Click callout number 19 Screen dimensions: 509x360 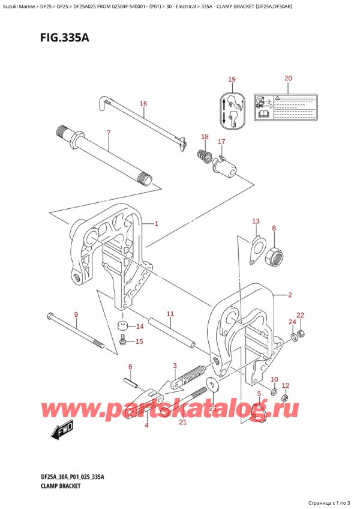[x=232, y=80]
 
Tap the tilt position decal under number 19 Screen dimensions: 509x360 [x=232, y=110]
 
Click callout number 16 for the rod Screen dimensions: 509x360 [x=143, y=104]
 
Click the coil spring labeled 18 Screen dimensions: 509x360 [x=203, y=158]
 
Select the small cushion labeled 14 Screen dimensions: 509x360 [x=123, y=327]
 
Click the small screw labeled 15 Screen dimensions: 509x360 [x=124, y=342]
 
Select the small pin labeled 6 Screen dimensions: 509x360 [x=131, y=382]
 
